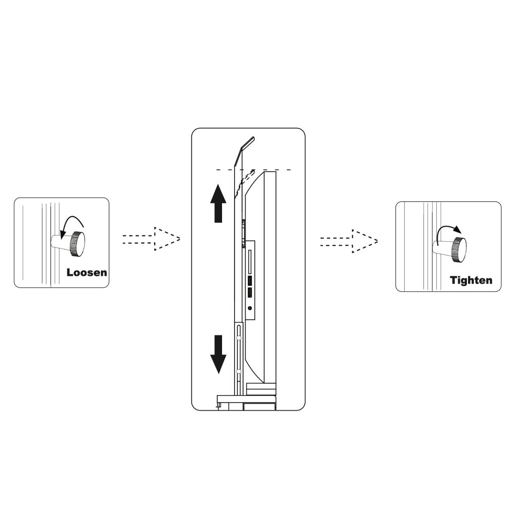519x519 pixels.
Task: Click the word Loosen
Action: tap(86, 272)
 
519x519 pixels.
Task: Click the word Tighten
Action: tap(471, 280)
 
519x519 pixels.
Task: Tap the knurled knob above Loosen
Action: tap(77, 244)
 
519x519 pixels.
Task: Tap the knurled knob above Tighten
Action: tap(460, 250)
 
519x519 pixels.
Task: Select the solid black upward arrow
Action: tap(218, 203)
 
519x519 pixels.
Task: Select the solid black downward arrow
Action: tap(218, 355)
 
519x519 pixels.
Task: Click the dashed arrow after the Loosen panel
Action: tap(151, 239)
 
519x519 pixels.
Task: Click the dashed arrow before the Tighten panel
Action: tap(349, 241)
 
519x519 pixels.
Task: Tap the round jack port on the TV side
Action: tap(250, 308)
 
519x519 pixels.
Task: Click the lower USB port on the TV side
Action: tap(250, 293)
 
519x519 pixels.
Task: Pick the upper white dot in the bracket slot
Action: tap(238, 338)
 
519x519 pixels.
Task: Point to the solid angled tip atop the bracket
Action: tap(244, 150)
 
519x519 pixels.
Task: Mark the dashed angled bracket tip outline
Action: tap(244, 184)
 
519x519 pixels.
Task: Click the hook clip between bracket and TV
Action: tap(244, 233)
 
